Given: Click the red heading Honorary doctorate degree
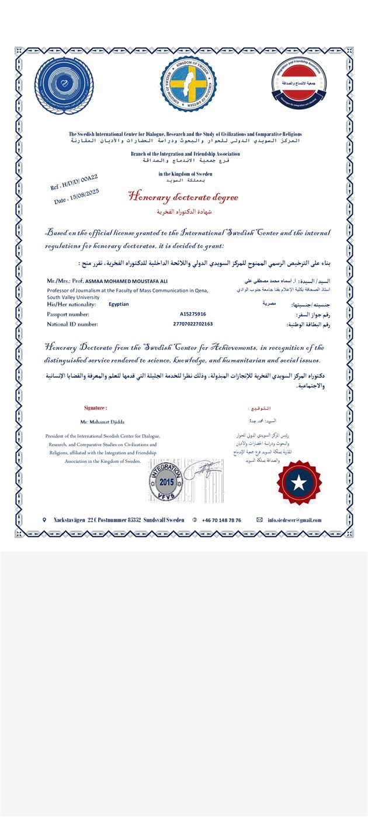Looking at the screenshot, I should coord(183,197).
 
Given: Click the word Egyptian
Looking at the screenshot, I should coord(119,304).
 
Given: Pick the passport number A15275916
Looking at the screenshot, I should coord(193,314).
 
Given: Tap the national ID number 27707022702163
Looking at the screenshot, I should coord(193,323).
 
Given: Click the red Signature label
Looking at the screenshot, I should coord(96,407).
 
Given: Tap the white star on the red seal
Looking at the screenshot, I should coord(300,483).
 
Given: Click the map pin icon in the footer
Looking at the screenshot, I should coord(44,519).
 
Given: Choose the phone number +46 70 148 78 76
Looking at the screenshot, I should coord(221,520).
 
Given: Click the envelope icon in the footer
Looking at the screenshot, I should coord(259,519).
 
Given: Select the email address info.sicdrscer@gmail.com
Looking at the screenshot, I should coord(294,520).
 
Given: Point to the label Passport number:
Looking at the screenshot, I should coord(68,314).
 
